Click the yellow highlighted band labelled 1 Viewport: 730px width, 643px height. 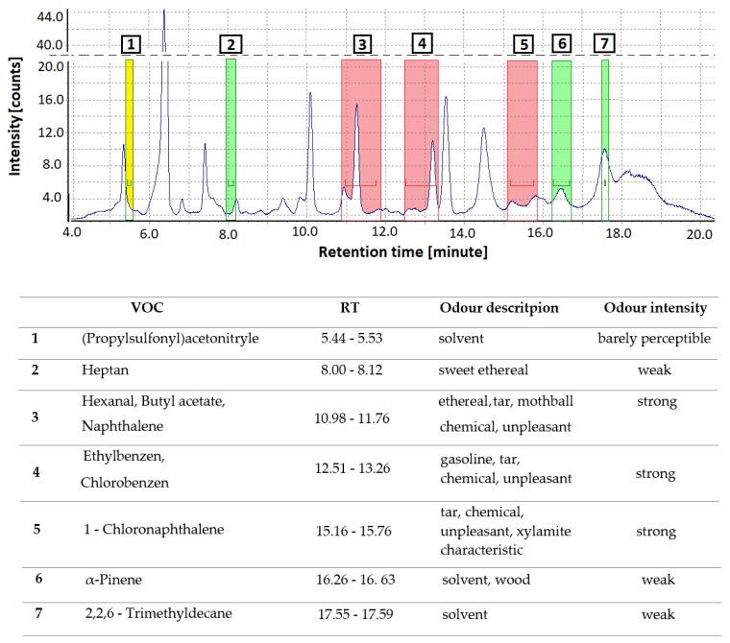click(130, 139)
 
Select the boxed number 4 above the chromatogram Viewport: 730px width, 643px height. click(422, 43)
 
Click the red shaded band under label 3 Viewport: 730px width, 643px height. click(361, 134)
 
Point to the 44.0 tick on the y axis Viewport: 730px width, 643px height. click(50, 17)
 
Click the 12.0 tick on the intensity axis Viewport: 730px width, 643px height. click(50, 132)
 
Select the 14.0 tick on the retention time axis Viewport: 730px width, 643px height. click(463, 232)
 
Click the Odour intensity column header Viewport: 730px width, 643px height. click(655, 308)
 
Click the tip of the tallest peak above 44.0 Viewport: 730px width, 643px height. click(164, 11)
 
